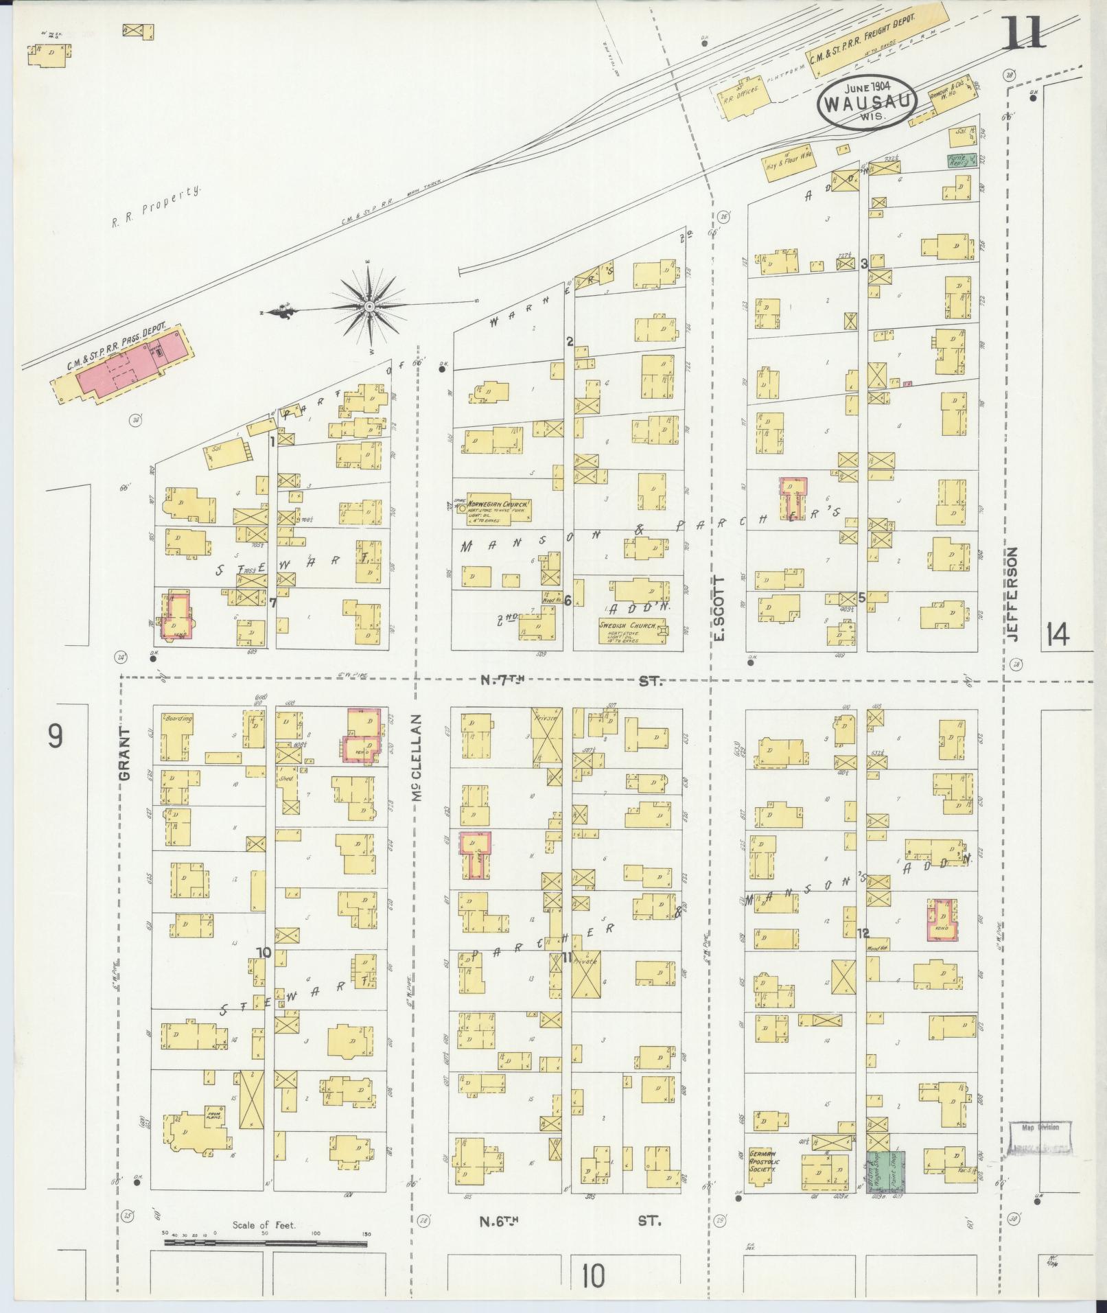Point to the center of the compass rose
(x=370, y=305)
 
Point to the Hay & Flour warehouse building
(x=789, y=163)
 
